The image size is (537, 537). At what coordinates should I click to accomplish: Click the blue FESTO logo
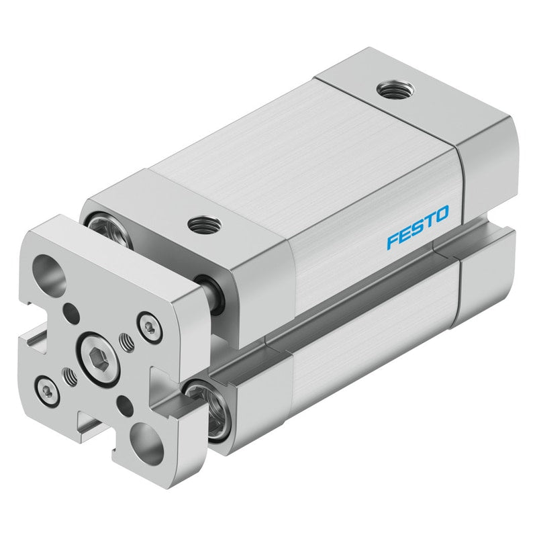418,227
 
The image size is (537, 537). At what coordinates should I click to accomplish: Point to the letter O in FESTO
442,214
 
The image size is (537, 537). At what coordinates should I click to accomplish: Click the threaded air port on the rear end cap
396,90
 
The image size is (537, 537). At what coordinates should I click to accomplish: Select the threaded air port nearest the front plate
205,225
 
